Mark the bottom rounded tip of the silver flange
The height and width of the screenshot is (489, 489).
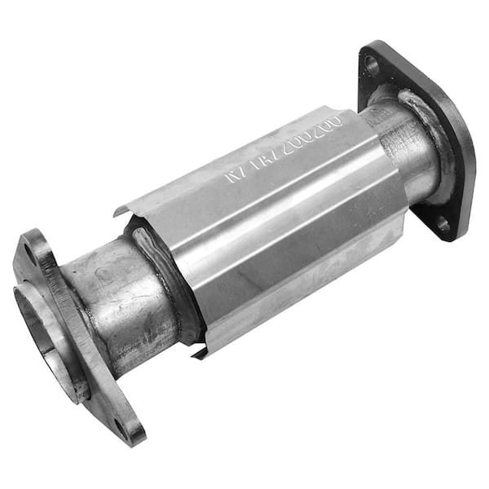coord(130,440)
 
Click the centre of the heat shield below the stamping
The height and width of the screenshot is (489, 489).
coord(277,244)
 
